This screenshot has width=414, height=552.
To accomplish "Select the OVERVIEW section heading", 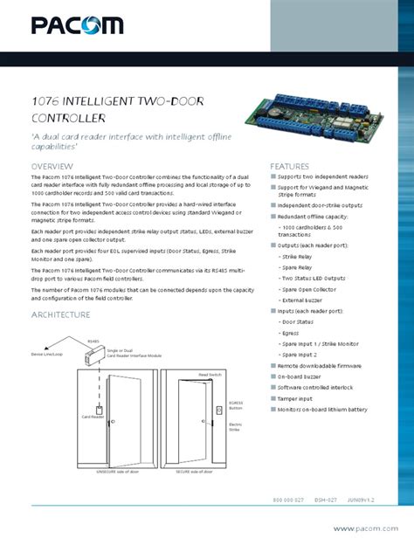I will point(52,166).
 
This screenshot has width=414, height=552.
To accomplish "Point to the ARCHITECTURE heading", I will point(61,314).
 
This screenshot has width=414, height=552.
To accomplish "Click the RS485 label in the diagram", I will point(93,342).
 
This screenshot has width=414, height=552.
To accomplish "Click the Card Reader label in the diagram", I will point(93,417).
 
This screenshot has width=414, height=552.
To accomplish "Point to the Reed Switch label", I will point(210,374).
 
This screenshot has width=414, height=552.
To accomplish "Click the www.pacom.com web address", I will point(366,528).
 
